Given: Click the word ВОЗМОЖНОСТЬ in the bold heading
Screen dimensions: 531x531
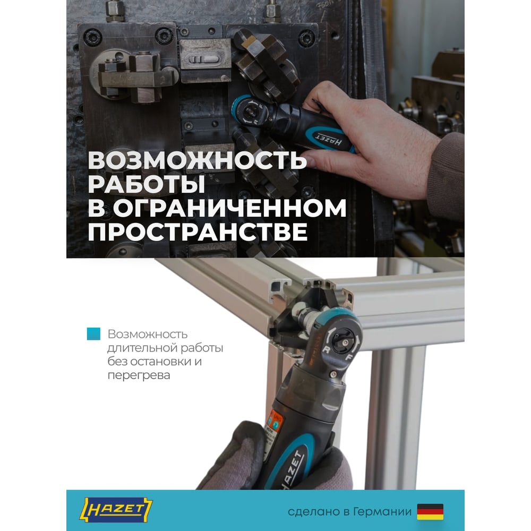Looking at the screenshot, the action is pyautogui.click(x=198, y=160).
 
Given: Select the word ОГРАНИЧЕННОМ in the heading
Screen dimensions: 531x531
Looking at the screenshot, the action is pyautogui.click(x=229, y=208).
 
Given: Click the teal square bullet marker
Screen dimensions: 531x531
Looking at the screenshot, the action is pyautogui.click(x=93, y=333).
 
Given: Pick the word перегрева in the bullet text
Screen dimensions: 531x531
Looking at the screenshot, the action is pyautogui.click(x=139, y=375).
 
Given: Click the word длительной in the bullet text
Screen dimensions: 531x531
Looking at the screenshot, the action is pyautogui.click(x=141, y=348).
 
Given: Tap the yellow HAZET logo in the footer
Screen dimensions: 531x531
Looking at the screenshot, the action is pyautogui.click(x=116, y=510).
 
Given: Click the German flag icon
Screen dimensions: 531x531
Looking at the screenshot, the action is pyautogui.click(x=430, y=511).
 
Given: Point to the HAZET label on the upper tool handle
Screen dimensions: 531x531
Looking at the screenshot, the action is pyautogui.click(x=329, y=139).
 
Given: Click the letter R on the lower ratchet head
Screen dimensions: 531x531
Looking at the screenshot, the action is pyautogui.click(x=327, y=349).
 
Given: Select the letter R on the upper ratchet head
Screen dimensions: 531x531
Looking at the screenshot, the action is pyautogui.click(x=256, y=121).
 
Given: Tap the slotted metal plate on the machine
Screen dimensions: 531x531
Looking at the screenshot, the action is pyautogui.click(x=205, y=61).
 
